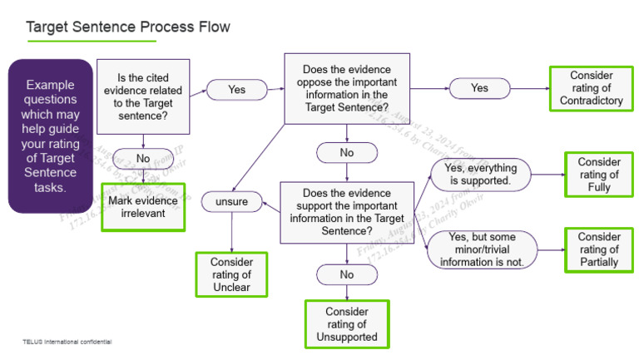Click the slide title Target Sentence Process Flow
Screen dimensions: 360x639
pyautogui.click(x=128, y=27)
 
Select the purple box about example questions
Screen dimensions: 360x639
pyautogui.click(x=51, y=136)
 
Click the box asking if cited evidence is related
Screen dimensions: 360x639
pyautogui.click(x=142, y=96)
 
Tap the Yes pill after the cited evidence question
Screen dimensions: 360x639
pyautogui.click(x=236, y=89)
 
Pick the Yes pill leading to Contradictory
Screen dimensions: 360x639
pyautogui.click(x=479, y=87)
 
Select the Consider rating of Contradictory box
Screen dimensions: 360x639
pyautogui.click(x=591, y=87)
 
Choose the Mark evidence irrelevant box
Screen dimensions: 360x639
pyautogui.click(x=142, y=206)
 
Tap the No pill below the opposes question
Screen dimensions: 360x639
pyautogui.click(x=346, y=153)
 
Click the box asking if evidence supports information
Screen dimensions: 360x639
pyautogui.click(x=346, y=212)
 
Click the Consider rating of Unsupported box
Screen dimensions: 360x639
pyautogui.click(x=346, y=323)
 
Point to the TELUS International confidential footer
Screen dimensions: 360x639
pyautogui.click(x=67, y=341)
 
